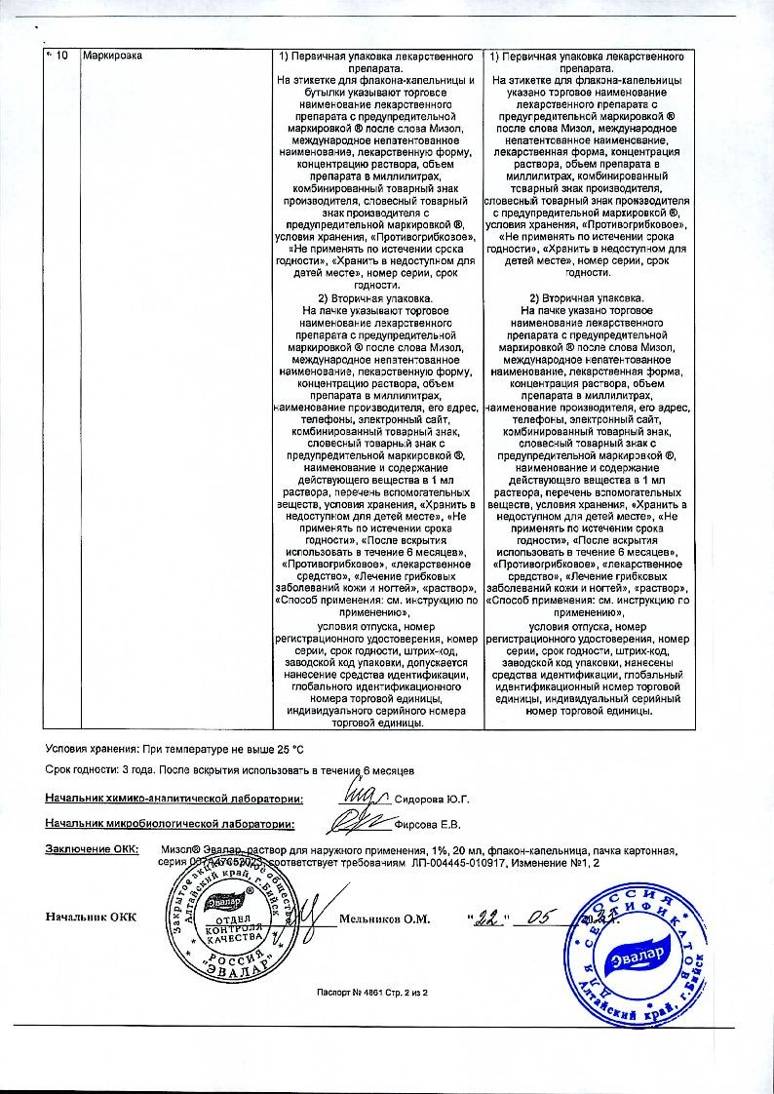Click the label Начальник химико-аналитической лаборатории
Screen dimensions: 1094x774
pyautogui.click(x=174, y=799)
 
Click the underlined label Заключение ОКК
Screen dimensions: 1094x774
pyautogui.click(x=92, y=849)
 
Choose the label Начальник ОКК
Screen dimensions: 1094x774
pyautogui.click(x=91, y=918)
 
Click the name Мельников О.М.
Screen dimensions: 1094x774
pyautogui.click(x=384, y=918)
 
